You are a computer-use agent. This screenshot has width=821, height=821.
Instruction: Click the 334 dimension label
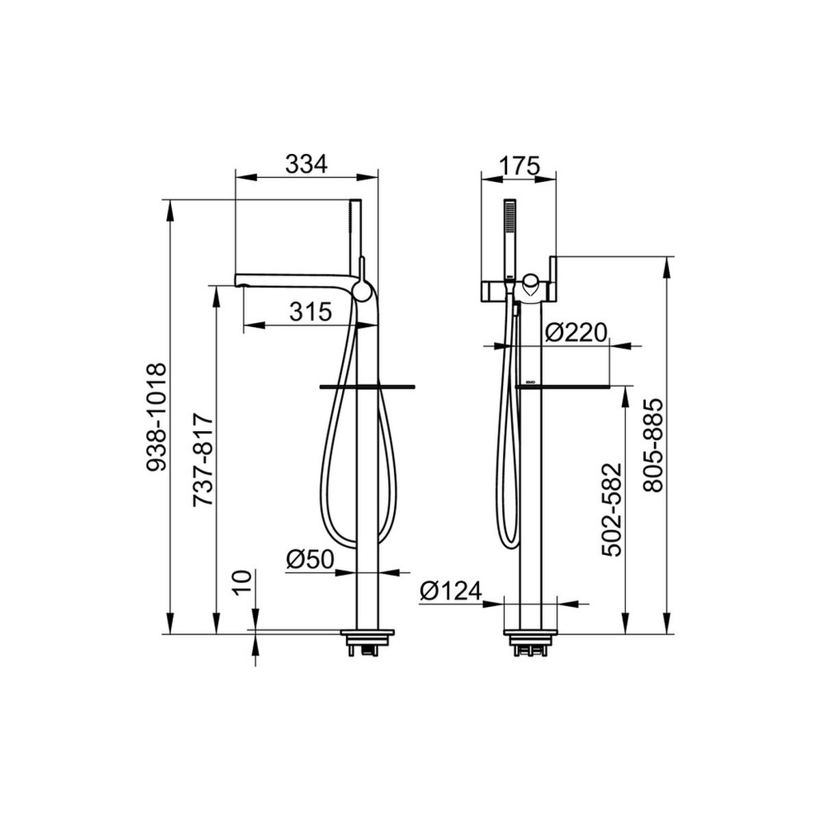coord(307,164)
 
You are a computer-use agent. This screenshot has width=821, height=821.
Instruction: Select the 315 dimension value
coord(310,312)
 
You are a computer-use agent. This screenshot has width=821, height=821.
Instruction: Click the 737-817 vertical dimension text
coord(203,459)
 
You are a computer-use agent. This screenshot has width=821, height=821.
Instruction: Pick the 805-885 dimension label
coord(653,446)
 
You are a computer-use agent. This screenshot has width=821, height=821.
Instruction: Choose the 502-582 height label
coord(612,510)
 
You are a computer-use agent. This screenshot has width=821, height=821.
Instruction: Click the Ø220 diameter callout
coord(575,333)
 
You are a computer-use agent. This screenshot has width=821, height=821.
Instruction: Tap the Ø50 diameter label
coord(310,560)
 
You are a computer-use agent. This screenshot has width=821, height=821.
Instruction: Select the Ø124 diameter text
coord(451,591)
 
